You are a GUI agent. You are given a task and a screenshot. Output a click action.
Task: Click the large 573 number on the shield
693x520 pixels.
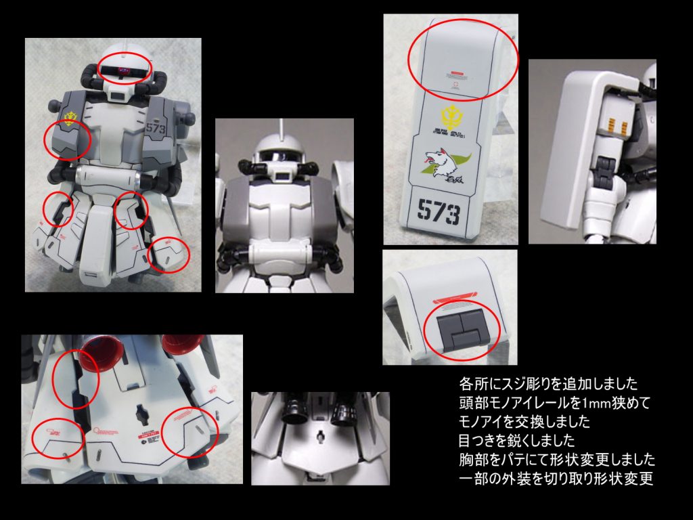(438, 213)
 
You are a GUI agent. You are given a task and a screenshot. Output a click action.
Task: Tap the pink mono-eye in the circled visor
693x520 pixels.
(124, 70)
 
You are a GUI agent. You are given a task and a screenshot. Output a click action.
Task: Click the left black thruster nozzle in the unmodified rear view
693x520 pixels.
(296, 406)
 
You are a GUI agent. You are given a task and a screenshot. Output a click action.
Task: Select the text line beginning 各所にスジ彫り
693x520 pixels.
(548, 385)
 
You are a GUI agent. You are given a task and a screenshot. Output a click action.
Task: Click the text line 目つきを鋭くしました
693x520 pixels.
(517, 441)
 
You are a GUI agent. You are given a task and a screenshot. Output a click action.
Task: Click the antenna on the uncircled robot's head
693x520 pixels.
(280, 128)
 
